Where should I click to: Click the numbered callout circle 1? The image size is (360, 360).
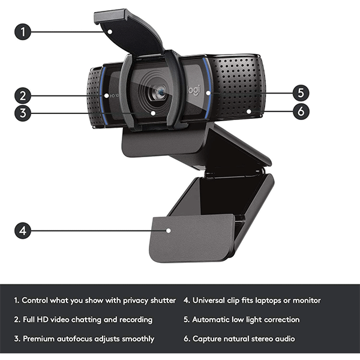(x=23, y=32)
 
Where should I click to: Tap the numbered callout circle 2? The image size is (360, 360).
(x=23, y=95)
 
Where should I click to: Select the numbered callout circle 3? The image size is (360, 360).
(x=23, y=112)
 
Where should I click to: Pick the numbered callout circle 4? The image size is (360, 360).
(x=23, y=230)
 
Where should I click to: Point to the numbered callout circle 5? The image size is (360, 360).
(x=301, y=93)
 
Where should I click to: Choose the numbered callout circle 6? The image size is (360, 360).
(x=301, y=110)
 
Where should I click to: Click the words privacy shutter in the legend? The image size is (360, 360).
(x=148, y=300)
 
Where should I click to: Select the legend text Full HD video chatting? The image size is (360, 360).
(x=66, y=319)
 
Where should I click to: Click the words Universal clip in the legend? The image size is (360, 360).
(x=218, y=300)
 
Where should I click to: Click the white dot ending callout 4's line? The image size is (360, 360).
(x=169, y=230)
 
